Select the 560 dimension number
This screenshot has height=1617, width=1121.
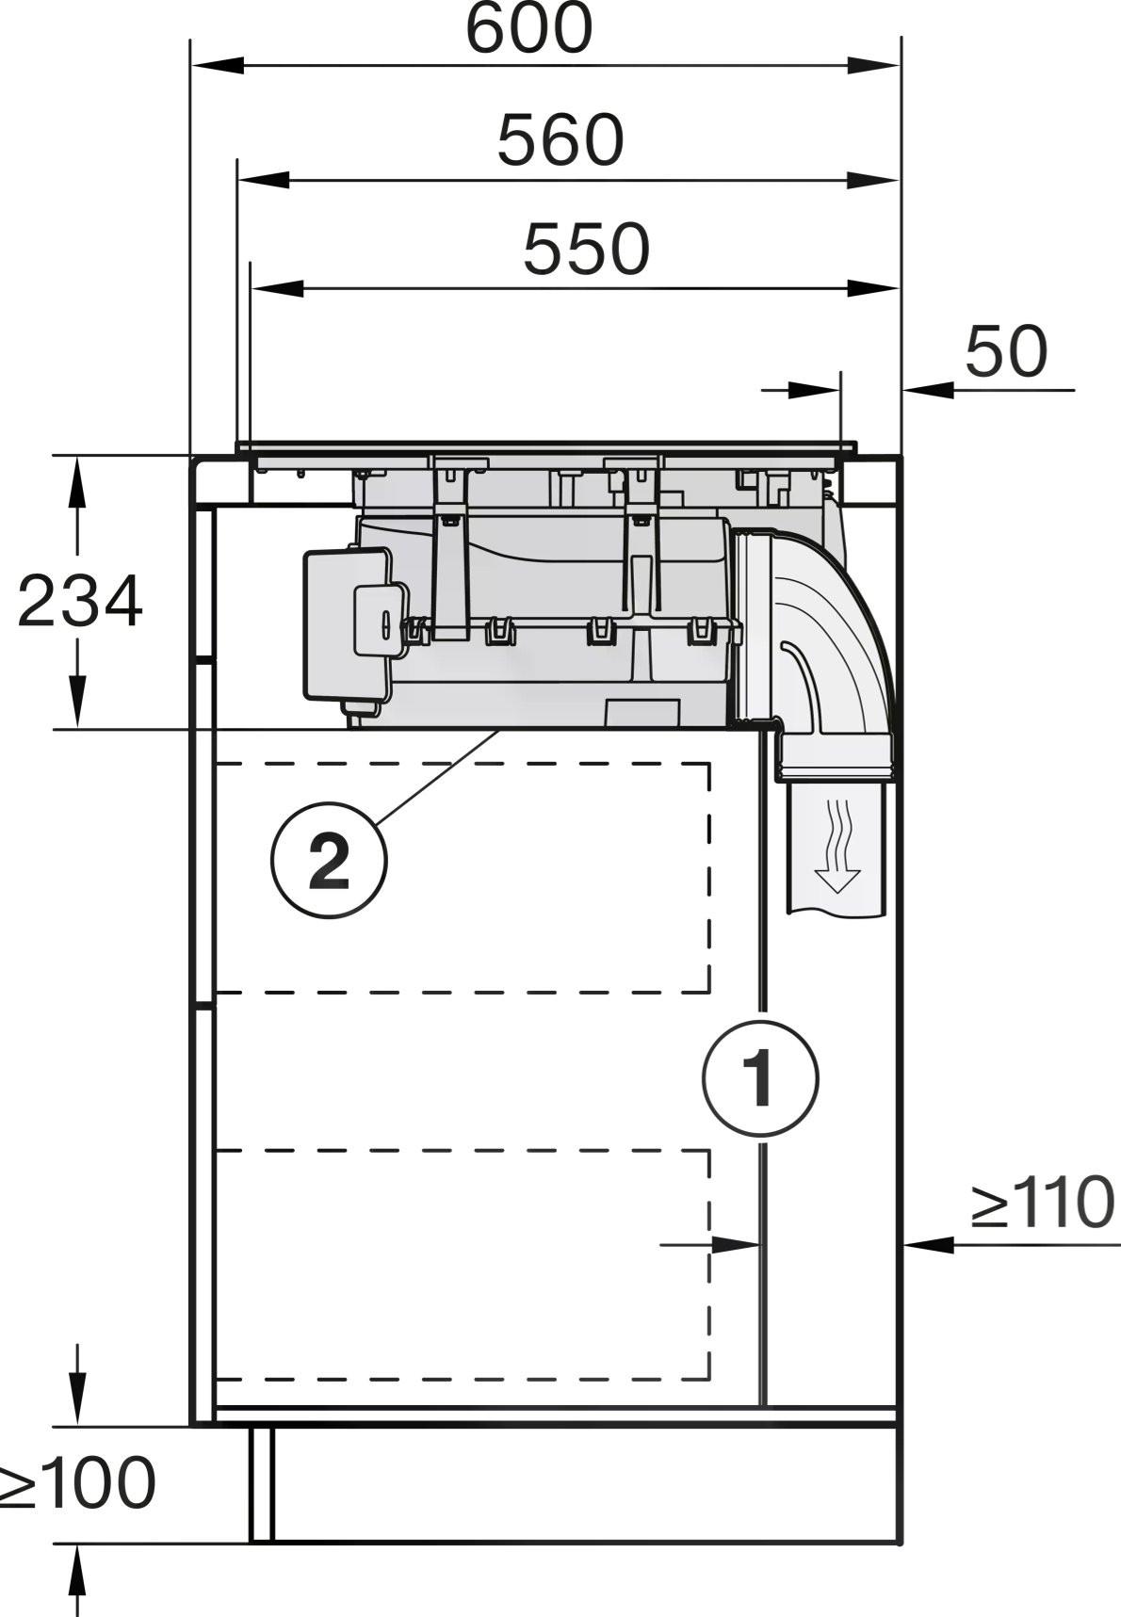click(560, 140)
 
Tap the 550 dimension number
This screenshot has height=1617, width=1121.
click(586, 250)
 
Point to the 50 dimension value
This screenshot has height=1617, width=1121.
click(1005, 351)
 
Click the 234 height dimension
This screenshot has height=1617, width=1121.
click(80, 602)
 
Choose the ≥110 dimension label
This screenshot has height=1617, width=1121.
click(1042, 1203)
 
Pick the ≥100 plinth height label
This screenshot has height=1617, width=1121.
click(77, 1485)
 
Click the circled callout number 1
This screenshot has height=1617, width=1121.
click(760, 1078)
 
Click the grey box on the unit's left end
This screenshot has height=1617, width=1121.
click(349, 626)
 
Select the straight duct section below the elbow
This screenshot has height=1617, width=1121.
click(837, 848)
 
